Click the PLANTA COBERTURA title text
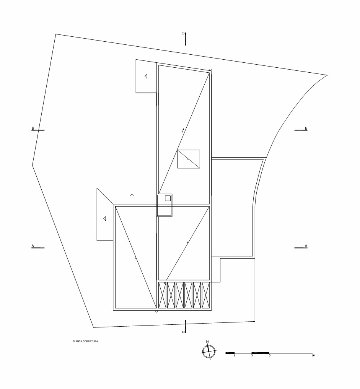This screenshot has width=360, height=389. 85,341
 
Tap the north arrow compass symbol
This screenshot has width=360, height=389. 209,352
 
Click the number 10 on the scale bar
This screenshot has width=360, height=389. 313,355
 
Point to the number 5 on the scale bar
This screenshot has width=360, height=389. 269,355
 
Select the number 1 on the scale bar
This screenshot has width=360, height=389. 234,355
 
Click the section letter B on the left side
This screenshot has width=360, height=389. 33,128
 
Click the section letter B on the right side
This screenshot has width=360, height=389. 306,128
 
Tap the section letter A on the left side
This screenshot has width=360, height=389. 33,246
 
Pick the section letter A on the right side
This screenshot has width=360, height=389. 306,246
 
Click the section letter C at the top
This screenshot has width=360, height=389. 183,34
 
